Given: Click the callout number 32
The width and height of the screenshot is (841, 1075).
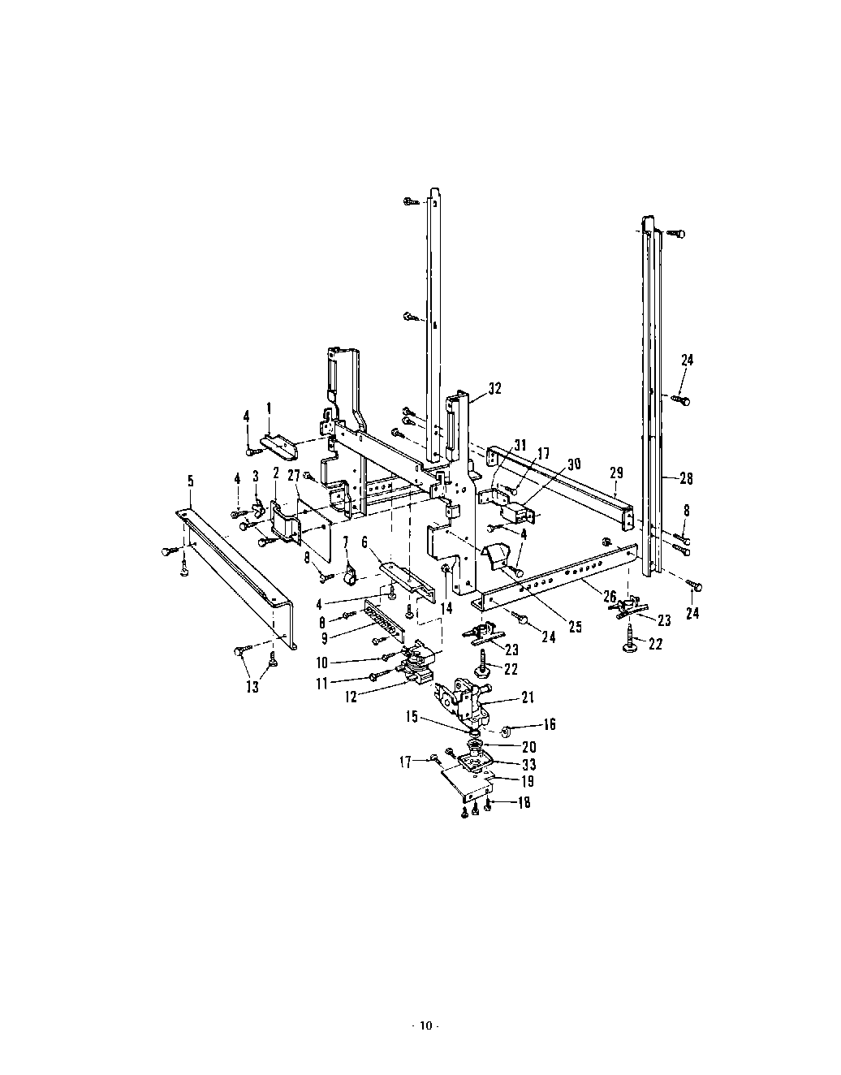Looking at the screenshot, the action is tap(494, 389).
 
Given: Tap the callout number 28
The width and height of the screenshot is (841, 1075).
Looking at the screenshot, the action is tap(686, 478).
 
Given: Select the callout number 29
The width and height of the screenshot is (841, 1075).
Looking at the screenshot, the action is tap(615, 473).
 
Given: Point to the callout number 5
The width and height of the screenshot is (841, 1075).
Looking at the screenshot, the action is tap(191, 481).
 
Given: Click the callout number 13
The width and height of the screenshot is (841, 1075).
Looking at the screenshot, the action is tap(252, 687).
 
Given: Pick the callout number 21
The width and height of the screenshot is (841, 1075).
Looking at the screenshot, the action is tap(528, 697).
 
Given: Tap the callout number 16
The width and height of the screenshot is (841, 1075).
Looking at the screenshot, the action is tap(550, 724).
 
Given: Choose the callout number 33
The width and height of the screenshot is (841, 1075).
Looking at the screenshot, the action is tap(528, 764).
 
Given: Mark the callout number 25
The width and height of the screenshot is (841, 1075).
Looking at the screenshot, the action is tap(575, 627).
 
